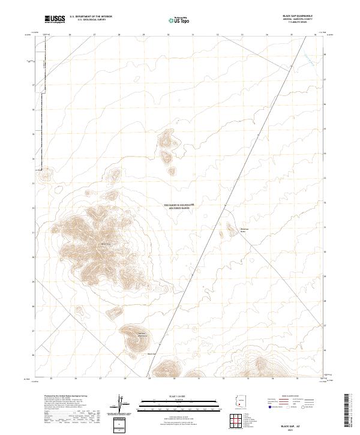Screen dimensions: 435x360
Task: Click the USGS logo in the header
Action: [55, 20]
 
